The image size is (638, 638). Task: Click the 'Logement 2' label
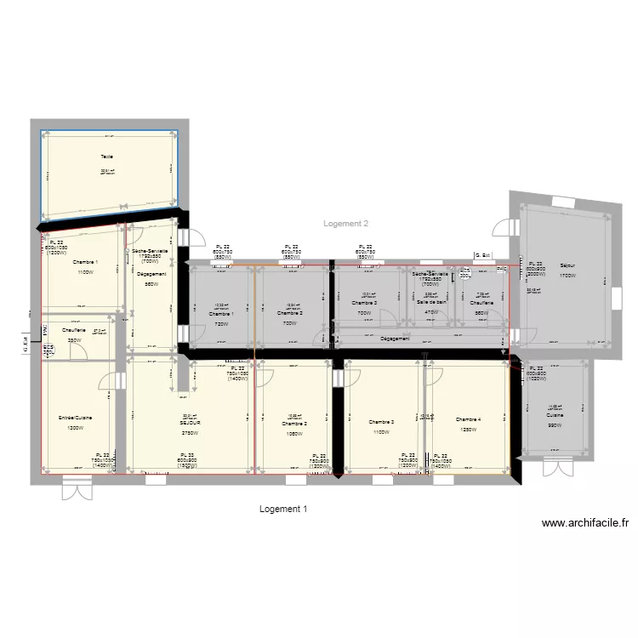coord(346,224)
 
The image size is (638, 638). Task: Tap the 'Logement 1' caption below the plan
coord(282,509)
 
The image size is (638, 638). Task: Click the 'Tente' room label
coord(107,157)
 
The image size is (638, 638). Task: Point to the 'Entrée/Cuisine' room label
coord(76,419)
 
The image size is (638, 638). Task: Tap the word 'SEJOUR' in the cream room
coord(190,422)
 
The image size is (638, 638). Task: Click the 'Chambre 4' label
coord(468,420)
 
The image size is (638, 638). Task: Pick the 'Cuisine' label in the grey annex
coord(555,415)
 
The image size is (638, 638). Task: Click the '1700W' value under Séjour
coord(567,276)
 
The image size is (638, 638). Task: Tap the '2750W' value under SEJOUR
coord(189,433)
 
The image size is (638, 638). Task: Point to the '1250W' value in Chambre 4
coord(468,430)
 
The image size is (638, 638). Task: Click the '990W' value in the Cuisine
coord(555,425)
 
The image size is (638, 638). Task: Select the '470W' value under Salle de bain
coord(431,312)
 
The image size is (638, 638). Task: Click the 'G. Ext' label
coord(482,254)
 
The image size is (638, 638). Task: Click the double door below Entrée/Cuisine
coord(77,490)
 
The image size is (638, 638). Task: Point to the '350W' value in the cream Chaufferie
coord(75,340)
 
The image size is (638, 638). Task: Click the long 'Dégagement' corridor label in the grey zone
coord(395,339)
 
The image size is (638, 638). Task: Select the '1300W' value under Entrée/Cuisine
coord(76,429)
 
